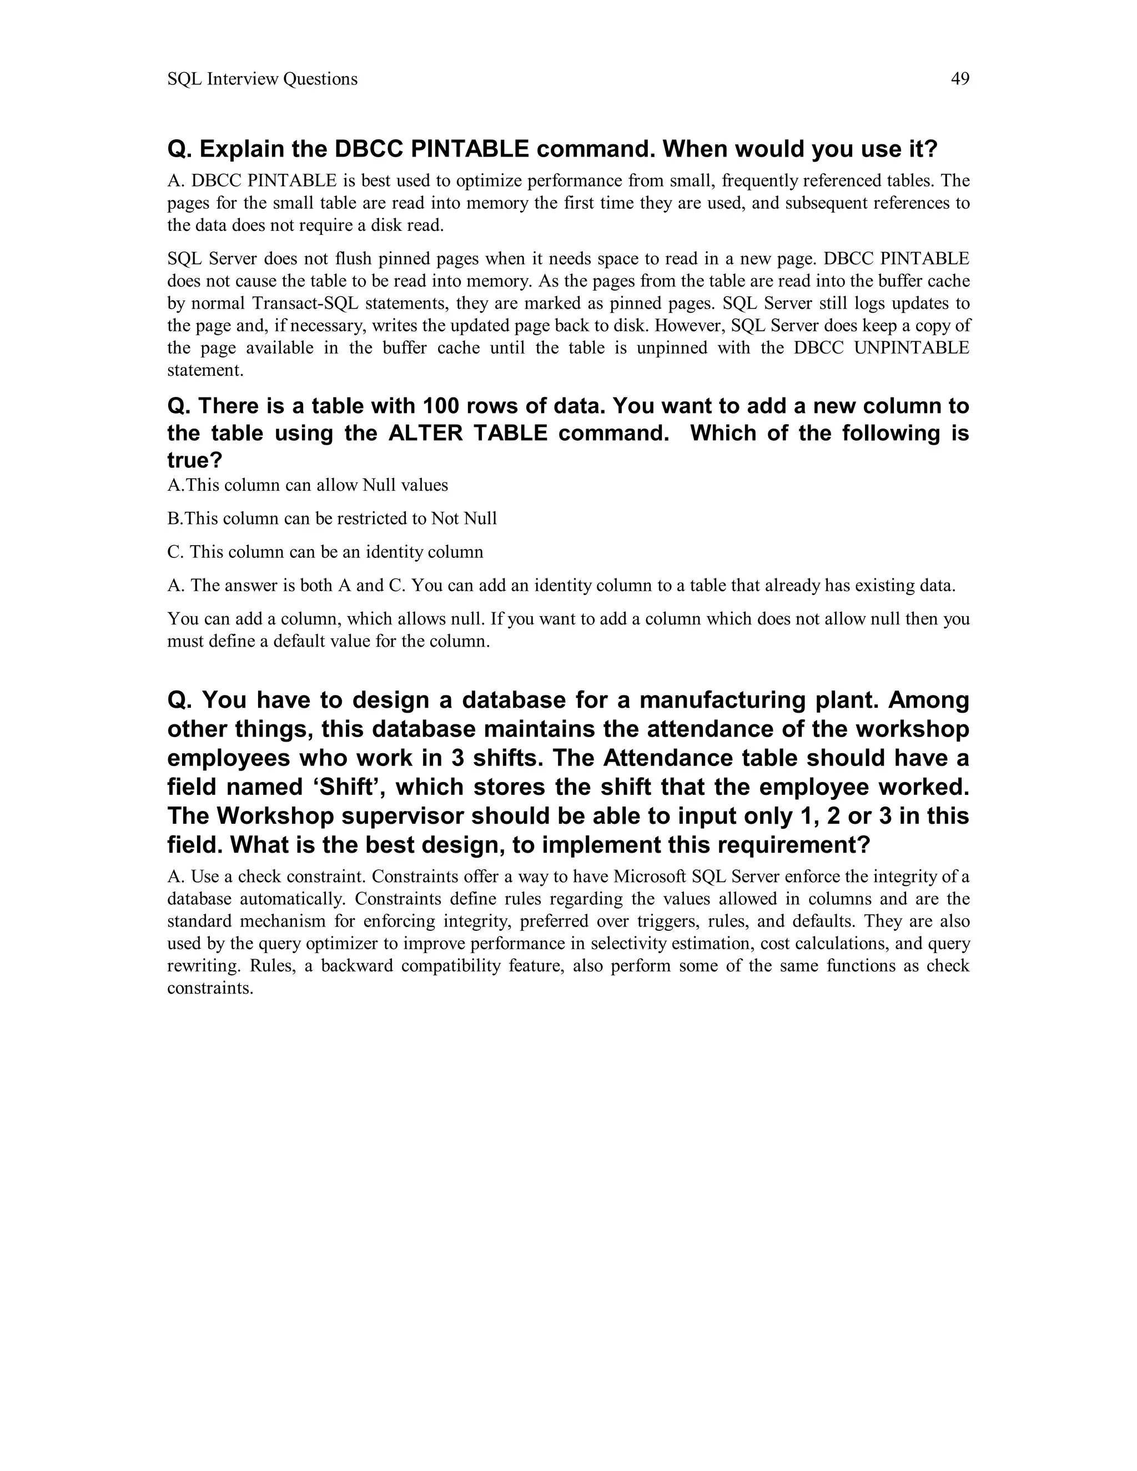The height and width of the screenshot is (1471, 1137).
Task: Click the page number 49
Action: coord(960,79)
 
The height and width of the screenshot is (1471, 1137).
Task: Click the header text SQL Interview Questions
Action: coord(262,79)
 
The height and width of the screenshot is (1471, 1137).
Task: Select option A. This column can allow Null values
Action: coord(307,485)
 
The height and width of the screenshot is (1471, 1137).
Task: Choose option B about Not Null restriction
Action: coord(331,518)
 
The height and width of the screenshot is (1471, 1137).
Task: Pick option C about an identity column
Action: coord(325,552)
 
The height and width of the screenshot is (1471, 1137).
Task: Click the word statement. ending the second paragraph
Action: coord(205,370)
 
